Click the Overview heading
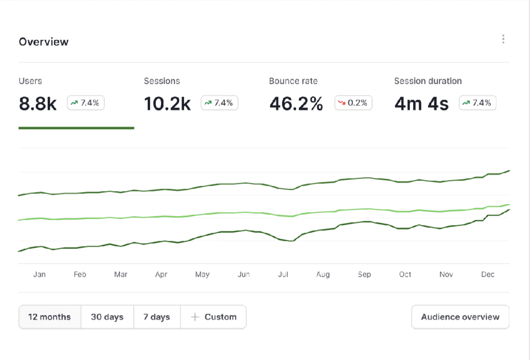click(x=44, y=42)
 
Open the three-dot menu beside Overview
click(x=503, y=39)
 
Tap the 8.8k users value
click(x=38, y=103)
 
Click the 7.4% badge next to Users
click(x=86, y=103)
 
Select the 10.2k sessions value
click(x=167, y=103)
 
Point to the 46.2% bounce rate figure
click(x=296, y=103)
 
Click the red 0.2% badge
click(x=353, y=103)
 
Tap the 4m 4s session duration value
click(x=421, y=103)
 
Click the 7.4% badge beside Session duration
click(x=477, y=103)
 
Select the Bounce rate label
click(x=293, y=81)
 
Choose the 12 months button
click(x=49, y=317)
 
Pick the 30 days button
click(x=107, y=317)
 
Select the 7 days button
click(x=157, y=317)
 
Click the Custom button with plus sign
click(x=213, y=317)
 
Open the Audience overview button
click(x=460, y=317)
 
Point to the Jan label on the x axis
click(x=39, y=274)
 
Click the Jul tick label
click(x=283, y=274)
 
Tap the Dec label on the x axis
click(x=488, y=274)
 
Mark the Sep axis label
click(x=364, y=274)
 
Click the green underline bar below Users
click(x=77, y=128)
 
